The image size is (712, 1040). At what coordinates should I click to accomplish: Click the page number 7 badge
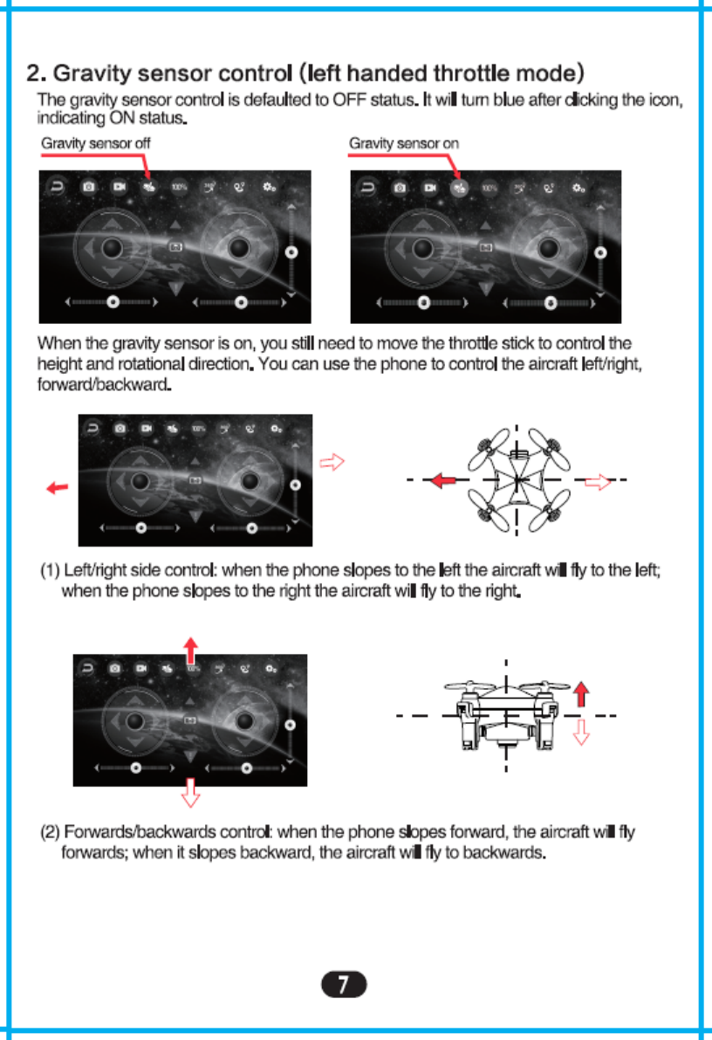[x=344, y=986]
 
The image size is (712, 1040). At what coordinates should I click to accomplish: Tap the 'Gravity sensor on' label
[x=403, y=143]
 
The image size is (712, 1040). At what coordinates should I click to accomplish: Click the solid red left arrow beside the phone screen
[x=58, y=488]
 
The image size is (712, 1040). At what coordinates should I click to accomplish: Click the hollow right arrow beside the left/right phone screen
[x=332, y=462]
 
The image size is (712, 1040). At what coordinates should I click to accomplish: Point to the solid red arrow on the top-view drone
[x=445, y=480]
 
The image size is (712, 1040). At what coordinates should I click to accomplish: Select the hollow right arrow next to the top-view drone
[x=597, y=480]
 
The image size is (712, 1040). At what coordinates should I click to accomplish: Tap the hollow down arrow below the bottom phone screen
[x=190, y=793]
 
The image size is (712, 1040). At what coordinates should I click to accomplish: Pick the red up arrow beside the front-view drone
[x=583, y=694]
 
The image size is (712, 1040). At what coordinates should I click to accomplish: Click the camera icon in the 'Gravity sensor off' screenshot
[x=88, y=186]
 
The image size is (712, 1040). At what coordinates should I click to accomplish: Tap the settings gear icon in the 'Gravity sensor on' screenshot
[x=578, y=187]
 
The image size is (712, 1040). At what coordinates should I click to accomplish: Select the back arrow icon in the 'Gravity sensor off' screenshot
[x=58, y=186]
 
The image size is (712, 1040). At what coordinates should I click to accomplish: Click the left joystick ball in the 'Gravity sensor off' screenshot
[x=112, y=248]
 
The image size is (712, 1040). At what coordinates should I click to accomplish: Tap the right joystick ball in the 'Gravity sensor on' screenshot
[x=547, y=248]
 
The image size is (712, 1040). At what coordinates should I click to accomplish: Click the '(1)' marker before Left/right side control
[x=51, y=572]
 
